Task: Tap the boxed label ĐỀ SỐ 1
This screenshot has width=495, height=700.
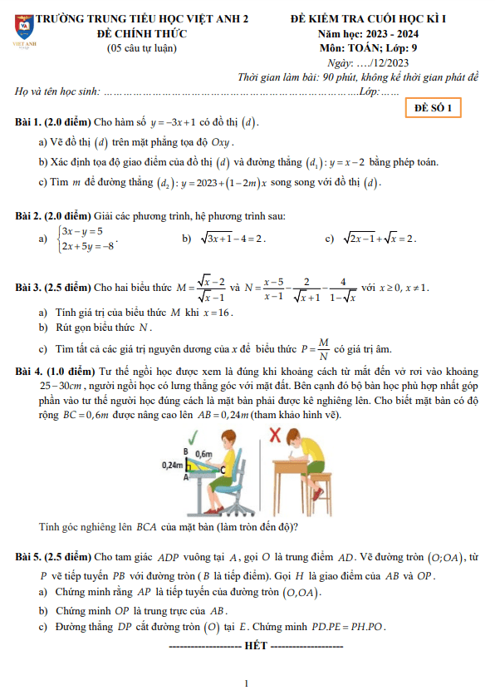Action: [433, 108]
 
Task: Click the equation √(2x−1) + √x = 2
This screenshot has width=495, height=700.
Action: [379, 239]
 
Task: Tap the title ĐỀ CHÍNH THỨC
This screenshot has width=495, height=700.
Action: [141, 33]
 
